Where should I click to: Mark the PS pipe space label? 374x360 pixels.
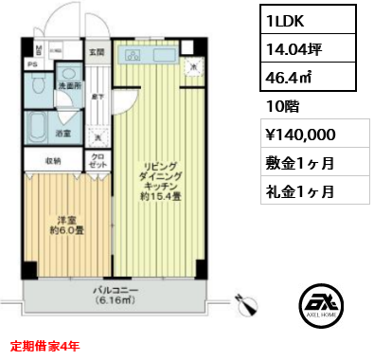tap(31, 63)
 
